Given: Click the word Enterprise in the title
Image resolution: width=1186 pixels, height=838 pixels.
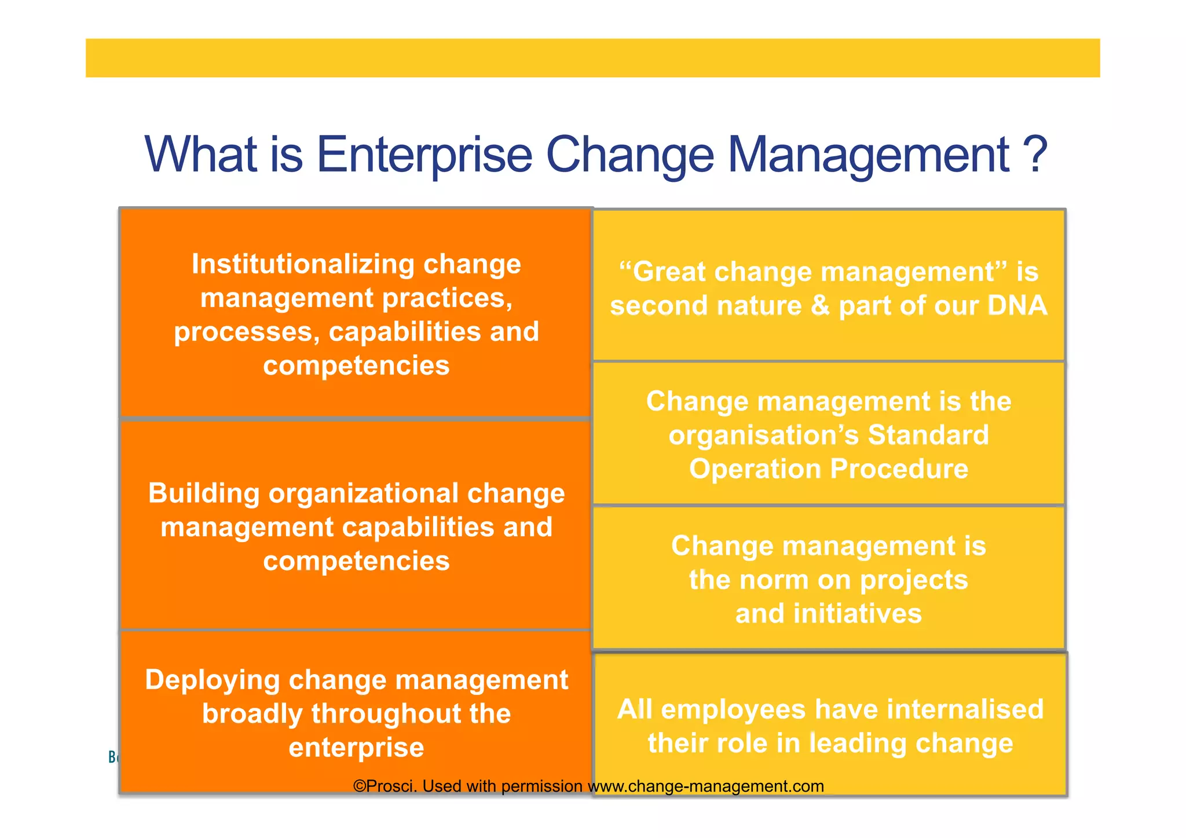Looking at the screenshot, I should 424,155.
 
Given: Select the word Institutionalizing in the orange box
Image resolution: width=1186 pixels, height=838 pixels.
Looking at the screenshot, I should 303,264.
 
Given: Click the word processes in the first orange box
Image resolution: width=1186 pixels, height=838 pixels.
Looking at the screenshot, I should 247,332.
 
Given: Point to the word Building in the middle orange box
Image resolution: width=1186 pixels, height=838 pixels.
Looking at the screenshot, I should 204,493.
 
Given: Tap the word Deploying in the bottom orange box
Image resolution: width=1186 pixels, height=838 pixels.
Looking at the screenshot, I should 212,680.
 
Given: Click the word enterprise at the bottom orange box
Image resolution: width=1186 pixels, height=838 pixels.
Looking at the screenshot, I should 356,747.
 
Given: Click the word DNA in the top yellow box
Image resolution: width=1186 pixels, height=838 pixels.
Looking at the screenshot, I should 1017,306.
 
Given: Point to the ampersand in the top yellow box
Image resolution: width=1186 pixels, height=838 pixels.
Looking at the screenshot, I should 821,306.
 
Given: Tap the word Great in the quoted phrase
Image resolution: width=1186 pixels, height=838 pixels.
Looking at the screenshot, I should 668,272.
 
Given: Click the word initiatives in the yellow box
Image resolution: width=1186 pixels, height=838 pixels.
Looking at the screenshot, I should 857,613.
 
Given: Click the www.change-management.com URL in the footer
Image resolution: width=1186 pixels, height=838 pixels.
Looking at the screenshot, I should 706,786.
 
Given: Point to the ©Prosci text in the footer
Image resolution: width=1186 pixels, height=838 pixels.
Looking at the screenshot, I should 385,786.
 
